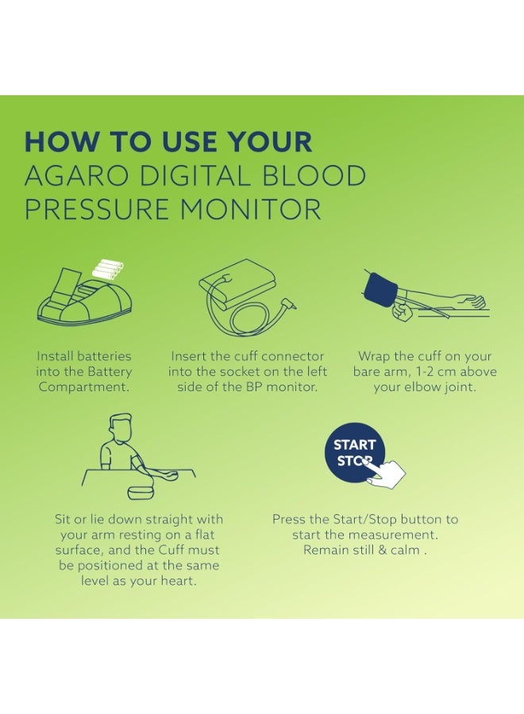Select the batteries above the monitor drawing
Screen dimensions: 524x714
(108, 269)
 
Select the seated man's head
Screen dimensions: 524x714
(121, 427)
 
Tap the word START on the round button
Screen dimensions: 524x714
(355, 444)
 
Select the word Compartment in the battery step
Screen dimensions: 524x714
(83, 387)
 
